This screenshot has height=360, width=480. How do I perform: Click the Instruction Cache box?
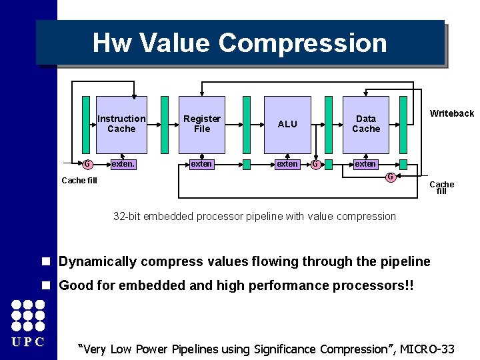coord(121,123)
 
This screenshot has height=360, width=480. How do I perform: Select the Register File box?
coord(201,123)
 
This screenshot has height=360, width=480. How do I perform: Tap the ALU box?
coord(287,124)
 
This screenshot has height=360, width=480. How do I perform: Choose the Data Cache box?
coord(365,123)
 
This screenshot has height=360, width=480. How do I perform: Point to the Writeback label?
coord(451,113)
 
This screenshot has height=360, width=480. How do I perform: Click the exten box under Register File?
coord(201,164)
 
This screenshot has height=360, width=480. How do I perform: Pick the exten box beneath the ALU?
coord(287,164)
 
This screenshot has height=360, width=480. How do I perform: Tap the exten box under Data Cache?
coord(365,164)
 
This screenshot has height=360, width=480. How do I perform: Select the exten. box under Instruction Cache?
coord(122,164)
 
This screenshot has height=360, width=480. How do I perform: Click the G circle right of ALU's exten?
coord(315,164)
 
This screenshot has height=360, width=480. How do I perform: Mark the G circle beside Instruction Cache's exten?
coord(87,164)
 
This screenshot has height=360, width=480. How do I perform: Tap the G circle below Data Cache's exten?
coord(390,177)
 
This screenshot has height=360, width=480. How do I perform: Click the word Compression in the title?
coord(303,43)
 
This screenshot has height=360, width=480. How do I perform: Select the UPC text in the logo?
coord(28,342)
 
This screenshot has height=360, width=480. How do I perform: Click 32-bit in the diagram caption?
coord(127,216)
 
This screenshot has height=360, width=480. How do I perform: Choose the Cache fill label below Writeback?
coord(441,187)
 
